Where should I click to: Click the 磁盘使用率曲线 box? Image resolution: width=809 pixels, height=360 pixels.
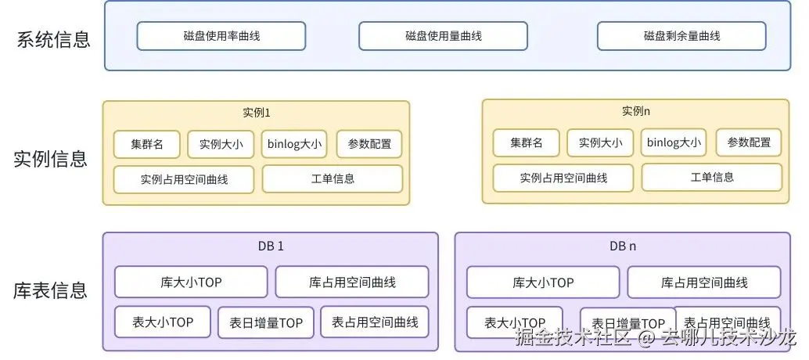221,36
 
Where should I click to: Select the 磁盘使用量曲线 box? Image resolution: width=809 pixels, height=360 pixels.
443,36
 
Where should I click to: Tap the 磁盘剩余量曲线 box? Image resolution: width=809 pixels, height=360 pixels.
681,36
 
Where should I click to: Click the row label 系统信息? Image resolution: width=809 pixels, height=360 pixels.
53,39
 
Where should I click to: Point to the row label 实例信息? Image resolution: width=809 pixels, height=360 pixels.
50,159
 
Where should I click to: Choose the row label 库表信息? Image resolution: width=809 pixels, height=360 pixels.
50,291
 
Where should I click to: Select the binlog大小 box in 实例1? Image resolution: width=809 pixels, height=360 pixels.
294,144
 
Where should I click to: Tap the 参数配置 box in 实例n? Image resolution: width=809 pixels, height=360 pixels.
749,142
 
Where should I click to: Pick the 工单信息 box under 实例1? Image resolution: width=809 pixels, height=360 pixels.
333,178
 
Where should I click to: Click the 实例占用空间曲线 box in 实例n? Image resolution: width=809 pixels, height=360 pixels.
563,178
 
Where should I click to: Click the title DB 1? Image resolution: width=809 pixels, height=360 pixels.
271,246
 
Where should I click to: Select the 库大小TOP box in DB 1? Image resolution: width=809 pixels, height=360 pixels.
191,282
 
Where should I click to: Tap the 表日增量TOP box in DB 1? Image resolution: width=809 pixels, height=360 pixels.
266,322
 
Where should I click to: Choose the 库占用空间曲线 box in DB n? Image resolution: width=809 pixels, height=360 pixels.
704,282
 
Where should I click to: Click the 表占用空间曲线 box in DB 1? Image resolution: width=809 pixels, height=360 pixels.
375,322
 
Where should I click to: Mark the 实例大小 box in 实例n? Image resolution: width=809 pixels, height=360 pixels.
600,142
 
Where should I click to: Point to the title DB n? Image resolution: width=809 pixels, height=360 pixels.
623,246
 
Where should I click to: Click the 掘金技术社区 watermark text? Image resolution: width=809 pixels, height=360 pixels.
572,338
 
